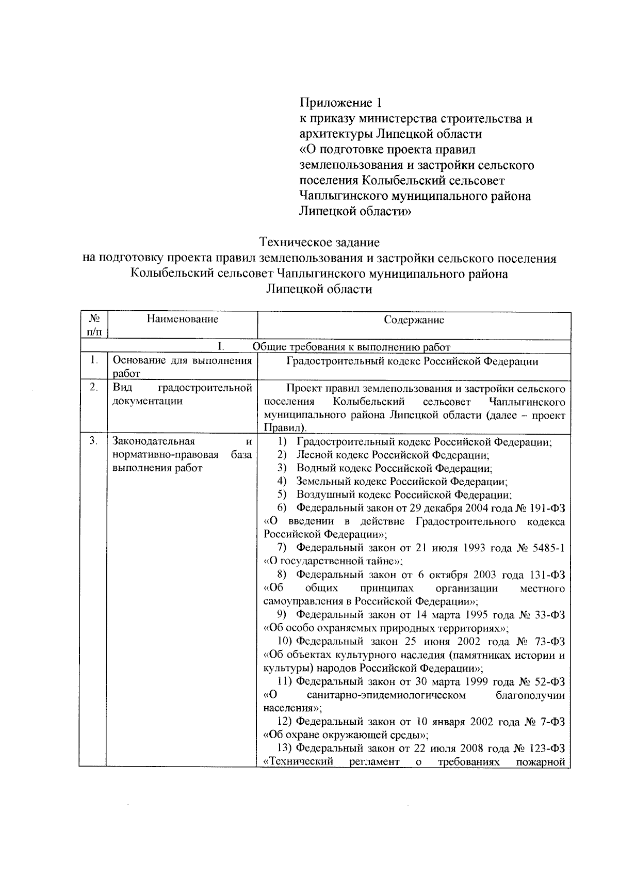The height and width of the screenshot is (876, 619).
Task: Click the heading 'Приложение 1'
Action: [341, 102]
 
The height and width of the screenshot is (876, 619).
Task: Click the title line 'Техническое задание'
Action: [319, 242]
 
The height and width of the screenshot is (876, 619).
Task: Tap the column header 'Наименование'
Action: [182, 319]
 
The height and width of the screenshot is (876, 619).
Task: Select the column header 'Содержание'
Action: [414, 320]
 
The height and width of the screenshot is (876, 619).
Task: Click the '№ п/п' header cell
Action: [93, 325]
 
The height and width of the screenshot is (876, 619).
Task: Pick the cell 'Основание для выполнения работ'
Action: [182, 367]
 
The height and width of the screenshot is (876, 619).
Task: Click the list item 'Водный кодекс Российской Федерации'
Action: [394, 469]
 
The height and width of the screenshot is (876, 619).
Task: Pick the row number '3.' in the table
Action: [93, 441]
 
